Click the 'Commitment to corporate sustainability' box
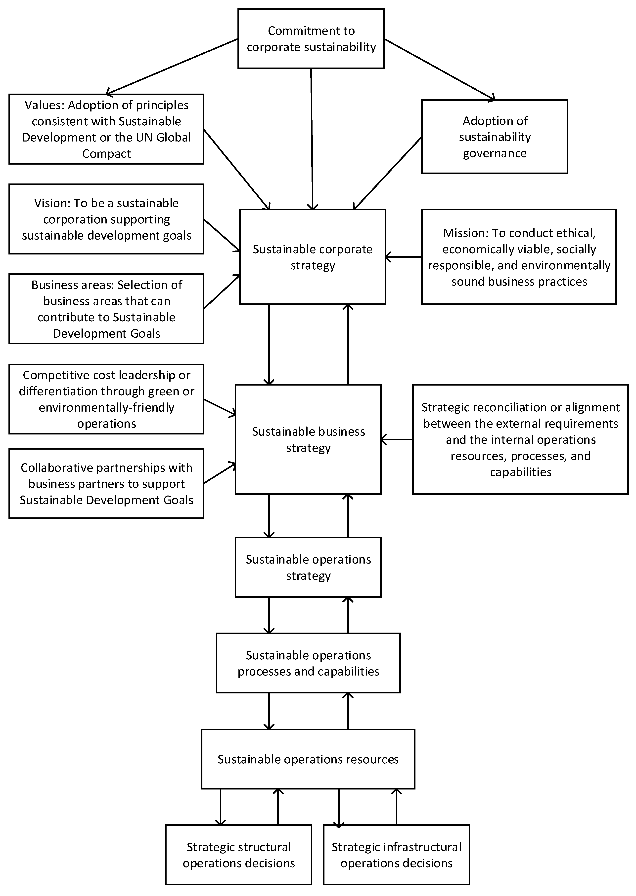311,39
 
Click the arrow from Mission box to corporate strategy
403,257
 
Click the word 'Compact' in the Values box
106,154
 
